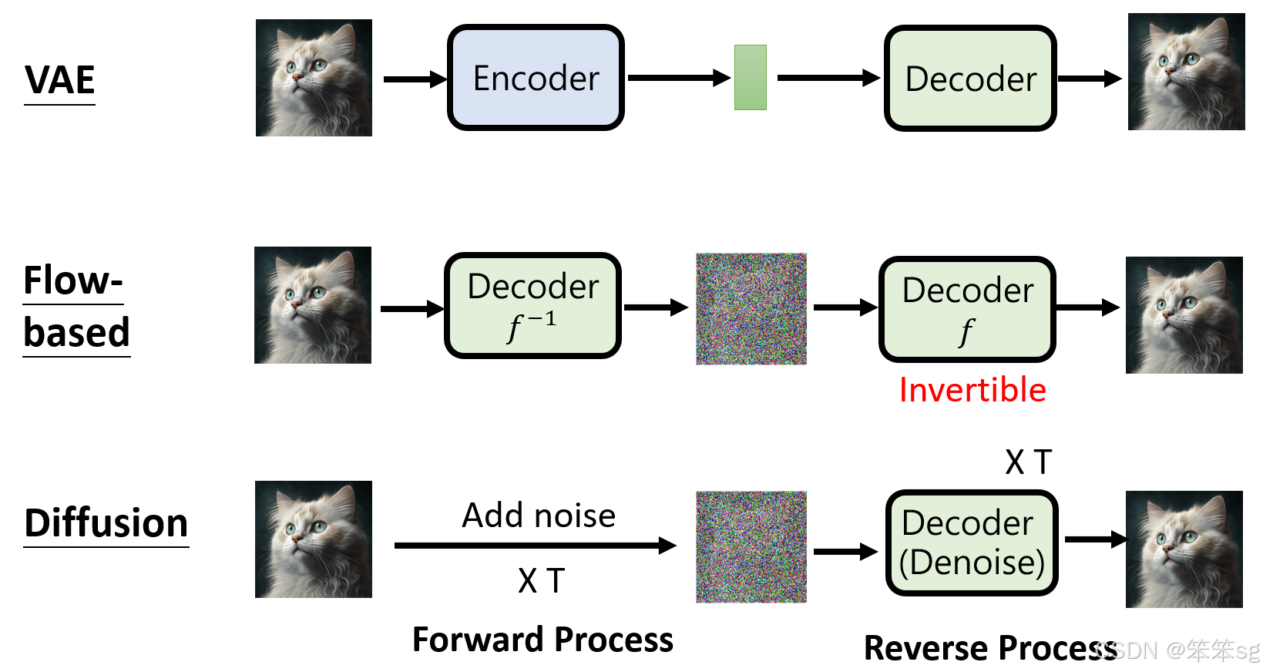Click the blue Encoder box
pyautogui.click(x=536, y=78)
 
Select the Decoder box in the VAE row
pyautogui.click(x=970, y=79)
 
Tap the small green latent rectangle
pyautogui.click(x=750, y=77)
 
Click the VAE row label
pyautogui.click(x=60, y=80)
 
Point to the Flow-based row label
pyautogui.click(x=76, y=307)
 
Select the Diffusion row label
pyautogui.click(x=106, y=523)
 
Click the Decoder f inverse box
pyautogui.click(x=532, y=306)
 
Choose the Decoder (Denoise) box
pyautogui.click(x=972, y=543)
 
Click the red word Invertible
pyautogui.click(x=972, y=390)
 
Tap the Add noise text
pyautogui.click(x=539, y=516)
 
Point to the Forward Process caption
pyautogui.click(x=542, y=640)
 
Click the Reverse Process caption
pyautogui.click(x=990, y=648)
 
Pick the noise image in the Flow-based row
pyautogui.click(x=751, y=308)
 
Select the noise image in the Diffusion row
pyautogui.click(x=751, y=546)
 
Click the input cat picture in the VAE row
pyautogui.click(x=314, y=78)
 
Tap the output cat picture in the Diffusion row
pyautogui.click(x=1184, y=549)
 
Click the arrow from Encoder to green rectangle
pyautogui.click(x=678, y=78)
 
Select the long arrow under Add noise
pyautogui.click(x=535, y=546)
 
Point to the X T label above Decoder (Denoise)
pyautogui.click(x=1028, y=462)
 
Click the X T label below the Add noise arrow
pyautogui.click(x=541, y=581)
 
